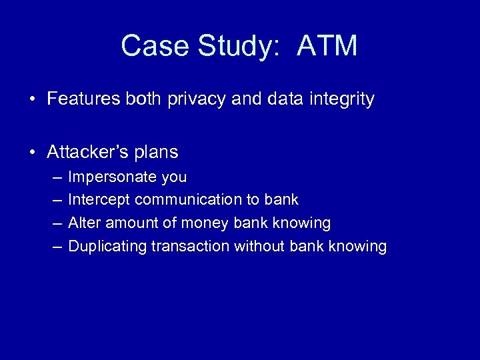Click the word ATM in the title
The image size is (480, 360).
[327, 46]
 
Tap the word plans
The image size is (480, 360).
[158, 153]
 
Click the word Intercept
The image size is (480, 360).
[99, 199]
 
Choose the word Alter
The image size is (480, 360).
[83, 223]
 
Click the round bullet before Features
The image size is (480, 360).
[33, 100]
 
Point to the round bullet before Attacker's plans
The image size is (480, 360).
[33, 153]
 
